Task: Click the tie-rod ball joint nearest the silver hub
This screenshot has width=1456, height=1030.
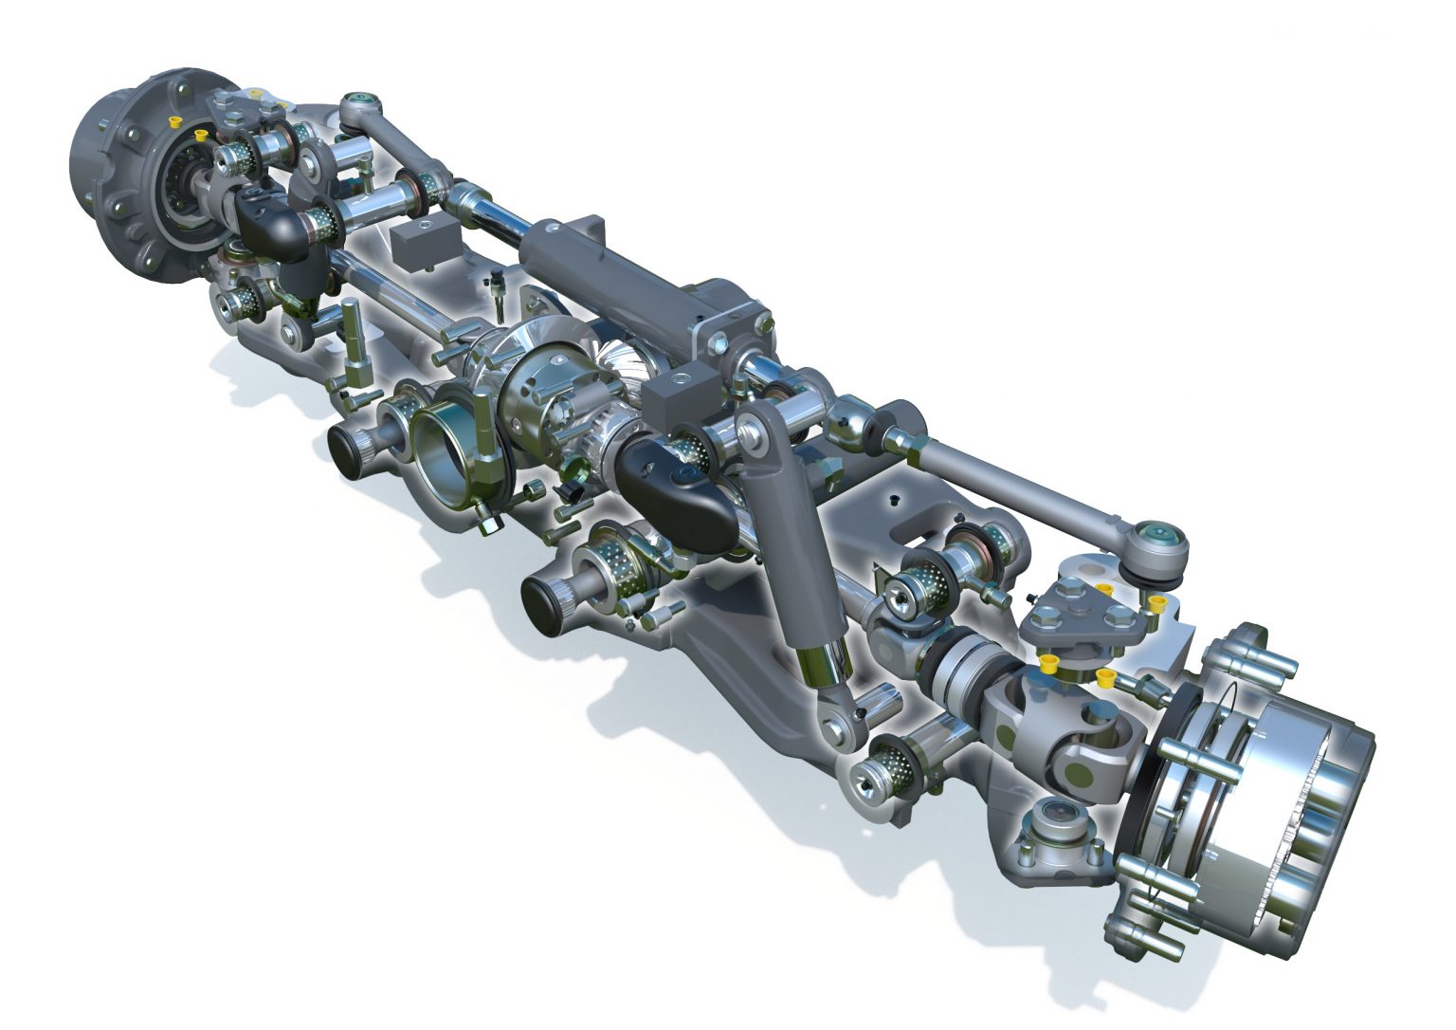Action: (x=1158, y=548)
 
